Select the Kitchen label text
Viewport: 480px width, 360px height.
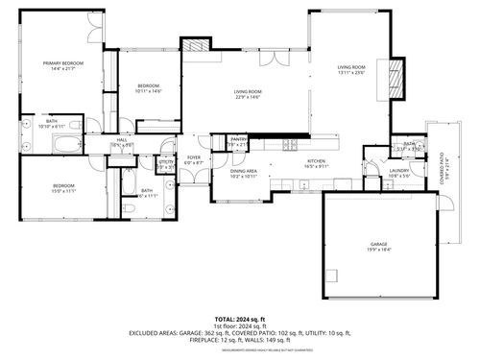point(318,160)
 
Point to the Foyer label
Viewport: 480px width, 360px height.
point(194,157)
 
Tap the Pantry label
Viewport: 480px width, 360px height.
point(239,139)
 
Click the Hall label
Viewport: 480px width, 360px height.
point(122,140)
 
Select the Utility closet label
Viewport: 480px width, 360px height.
point(166,161)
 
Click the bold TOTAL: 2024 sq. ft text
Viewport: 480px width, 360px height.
point(239,318)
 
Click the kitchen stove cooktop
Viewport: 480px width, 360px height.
point(290,146)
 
